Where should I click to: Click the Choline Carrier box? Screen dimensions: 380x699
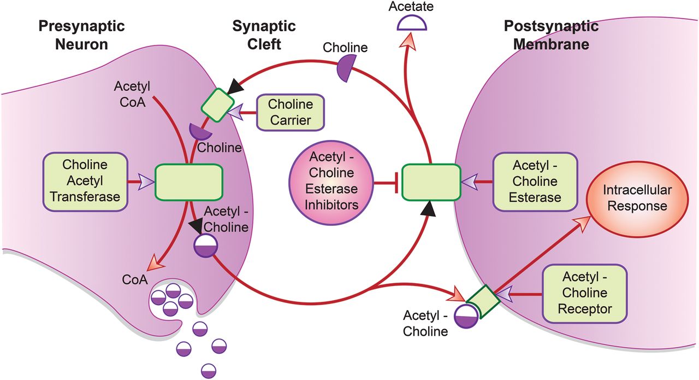pyautogui.click(x=291, y=113)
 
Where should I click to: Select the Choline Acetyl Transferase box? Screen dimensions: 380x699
pyautogui.click(x=85, y=180)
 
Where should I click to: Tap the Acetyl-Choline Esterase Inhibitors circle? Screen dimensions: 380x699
pyautogui.click(x=331, y=180)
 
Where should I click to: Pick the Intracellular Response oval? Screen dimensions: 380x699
pyautogui.click(x=637, y=198)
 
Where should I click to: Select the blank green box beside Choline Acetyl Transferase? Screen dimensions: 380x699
pyautogui.click(x=189, y=181)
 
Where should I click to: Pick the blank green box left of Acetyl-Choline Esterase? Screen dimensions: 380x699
pyautogui.click(x=430, y=181)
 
